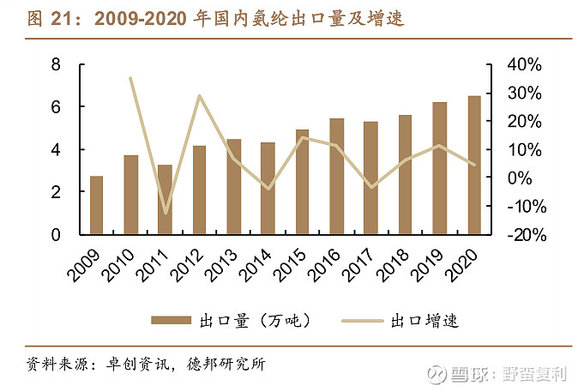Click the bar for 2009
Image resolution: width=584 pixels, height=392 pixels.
[x=96, y=206]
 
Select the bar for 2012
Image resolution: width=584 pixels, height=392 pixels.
[x=199, y=190]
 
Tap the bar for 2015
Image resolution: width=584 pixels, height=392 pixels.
[x=302, y=182]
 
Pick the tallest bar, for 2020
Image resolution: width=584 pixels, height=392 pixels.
[x=473, y=165]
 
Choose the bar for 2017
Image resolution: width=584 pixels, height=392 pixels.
[x=370, y=178]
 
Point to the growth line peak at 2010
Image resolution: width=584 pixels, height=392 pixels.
[x=130, y=78]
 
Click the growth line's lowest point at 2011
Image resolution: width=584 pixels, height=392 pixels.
[x=165, y=213]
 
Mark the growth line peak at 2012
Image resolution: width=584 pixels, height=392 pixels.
[x=199, y=95]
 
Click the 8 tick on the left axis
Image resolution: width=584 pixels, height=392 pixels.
[x=56, y=64]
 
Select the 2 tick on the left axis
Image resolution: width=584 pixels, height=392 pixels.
[x=56, y=192]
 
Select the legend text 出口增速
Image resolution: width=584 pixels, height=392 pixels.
[x=424, y=321]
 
